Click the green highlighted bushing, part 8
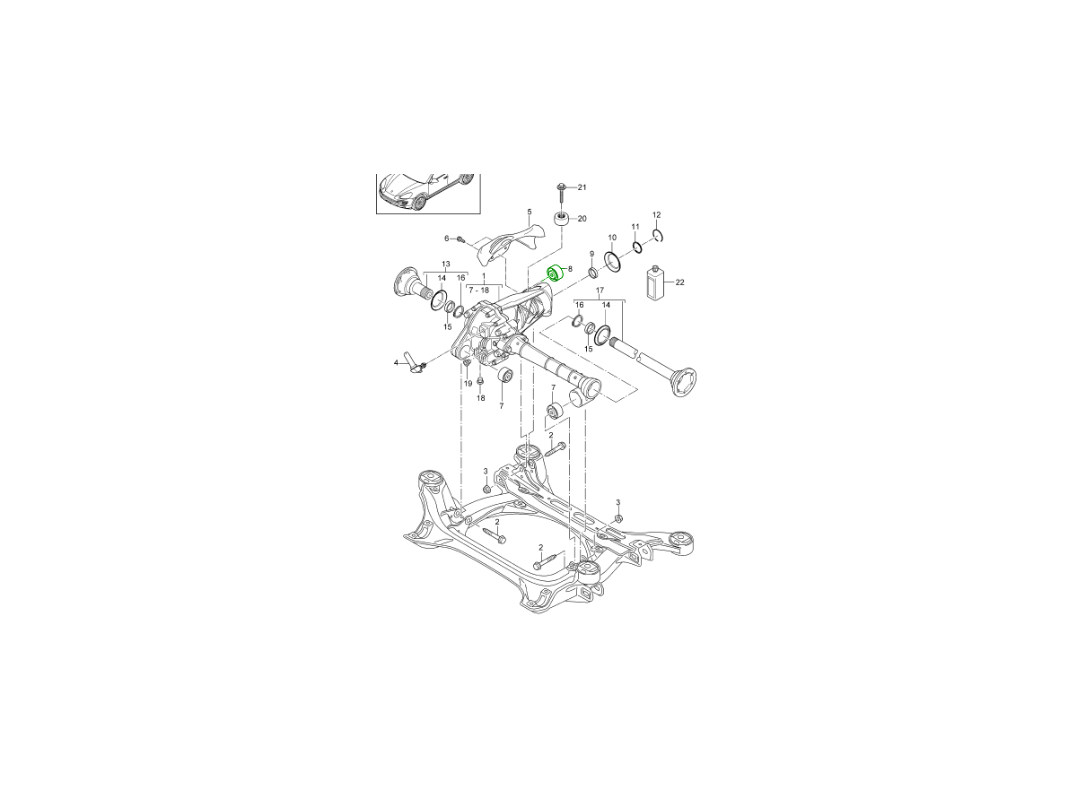coord(554,272)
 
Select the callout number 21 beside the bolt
coord(581,187)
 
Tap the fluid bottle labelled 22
coord(655,283)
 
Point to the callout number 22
coord(679,282)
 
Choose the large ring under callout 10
coord(613,261)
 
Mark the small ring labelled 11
coord(636,247)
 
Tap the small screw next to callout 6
coord(460,239)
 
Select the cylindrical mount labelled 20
coord(561,220)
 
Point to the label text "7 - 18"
coord(478,291)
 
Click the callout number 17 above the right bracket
coord(599,290)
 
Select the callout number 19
coord(467,384)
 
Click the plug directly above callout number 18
coord(480,383)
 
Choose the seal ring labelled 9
coord(593,273)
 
